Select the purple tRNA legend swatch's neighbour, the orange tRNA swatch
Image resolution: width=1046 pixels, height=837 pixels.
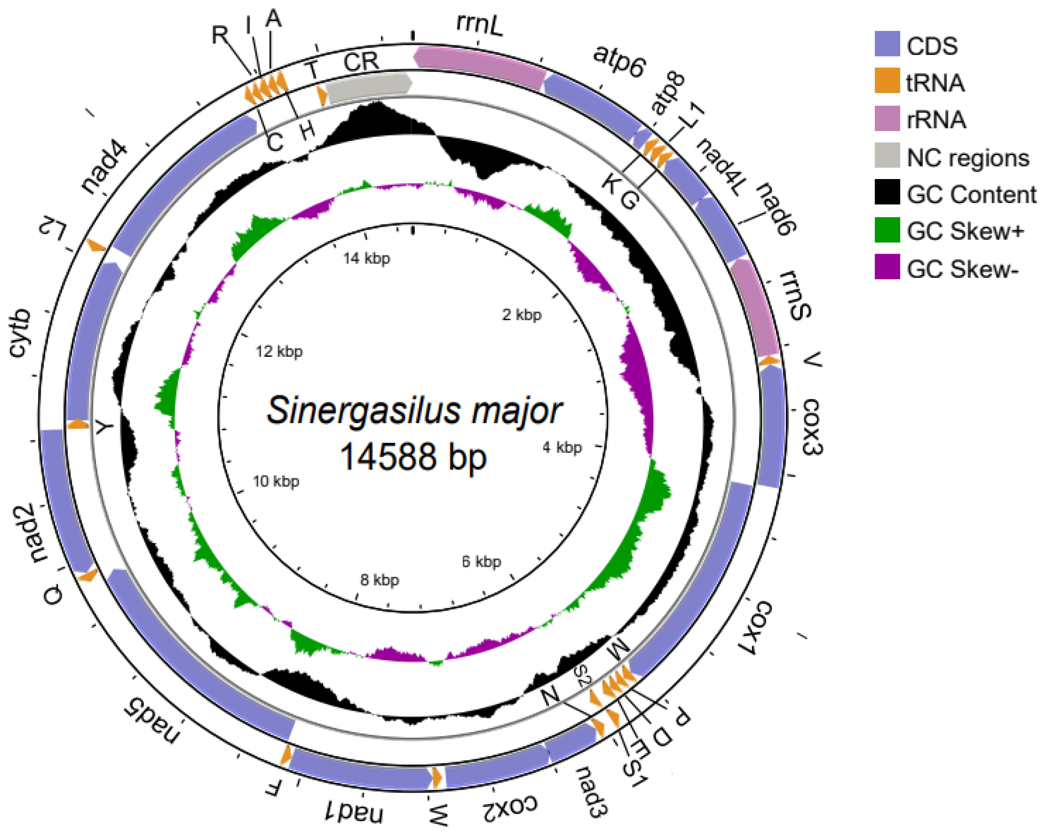pos(887,81)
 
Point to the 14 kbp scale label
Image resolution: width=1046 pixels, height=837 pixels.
pos(366,258)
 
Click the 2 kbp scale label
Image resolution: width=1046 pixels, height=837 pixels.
pos(522,315)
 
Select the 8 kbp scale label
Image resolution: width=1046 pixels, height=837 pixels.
pos(379,580)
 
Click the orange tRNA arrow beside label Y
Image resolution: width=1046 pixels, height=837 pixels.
pos(77,424)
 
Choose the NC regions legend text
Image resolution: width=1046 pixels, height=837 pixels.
pos(968,158)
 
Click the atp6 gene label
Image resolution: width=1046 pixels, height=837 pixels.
pos(620,61)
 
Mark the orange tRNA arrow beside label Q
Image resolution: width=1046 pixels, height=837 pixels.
pos(88,576)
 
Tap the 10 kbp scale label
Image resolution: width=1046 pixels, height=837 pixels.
pos(276,481)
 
